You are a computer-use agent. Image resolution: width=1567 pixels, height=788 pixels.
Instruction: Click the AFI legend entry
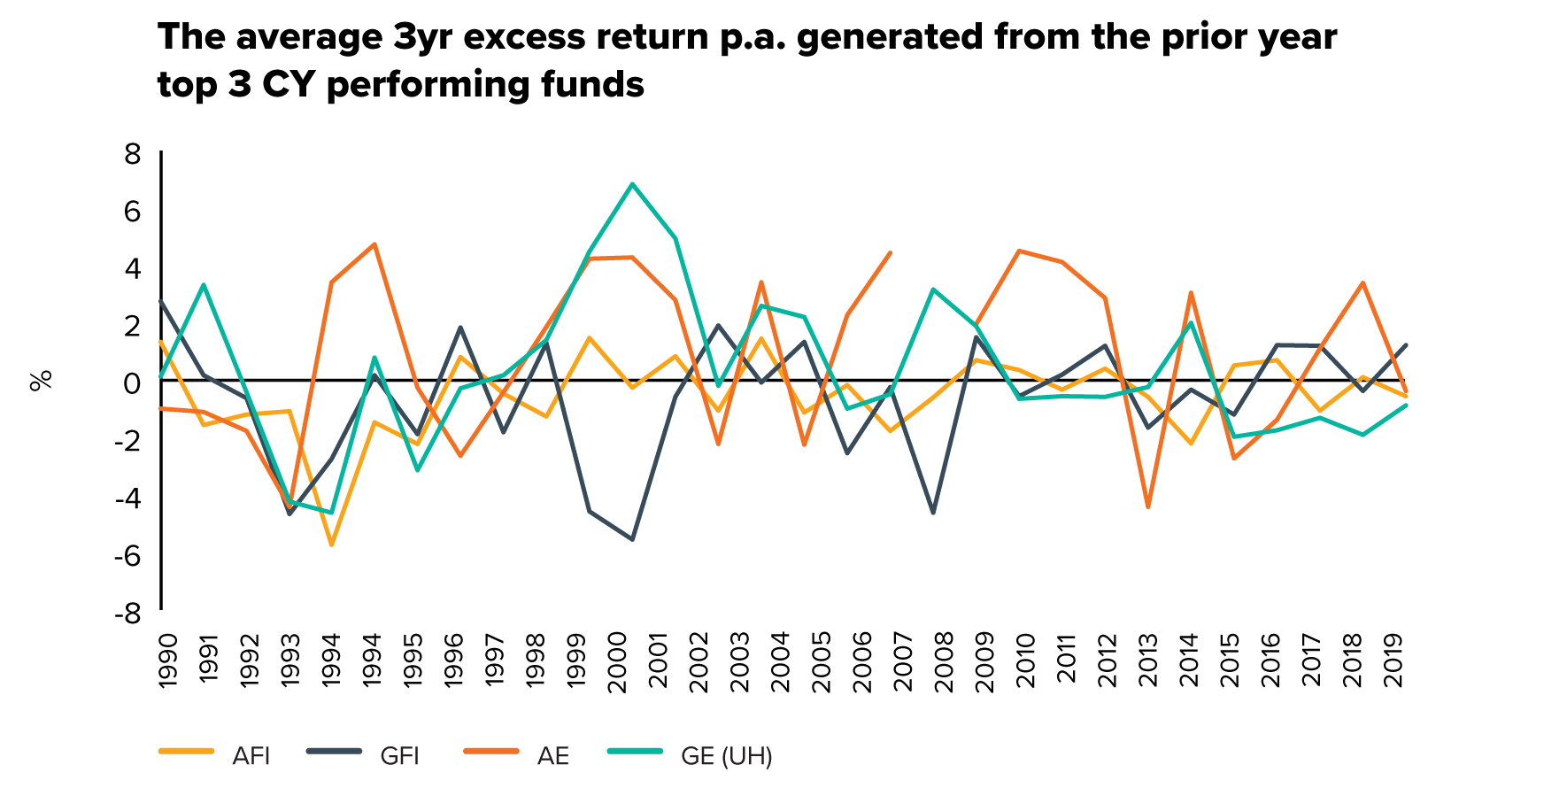(x=214, y=755)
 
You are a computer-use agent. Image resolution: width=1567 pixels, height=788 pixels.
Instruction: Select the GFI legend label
(x=363, y=755)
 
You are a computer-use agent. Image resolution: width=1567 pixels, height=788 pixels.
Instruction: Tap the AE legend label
(x=517, y=755)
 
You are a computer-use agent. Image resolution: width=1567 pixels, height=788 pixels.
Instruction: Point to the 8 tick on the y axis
(x=133, y=154)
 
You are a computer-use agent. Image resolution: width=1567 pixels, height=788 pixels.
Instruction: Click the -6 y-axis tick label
(x=128, y=555)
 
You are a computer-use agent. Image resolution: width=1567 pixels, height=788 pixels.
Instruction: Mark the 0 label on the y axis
(x=133, y=383)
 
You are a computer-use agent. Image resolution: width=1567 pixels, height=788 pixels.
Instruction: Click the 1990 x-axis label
(x=167, y=660)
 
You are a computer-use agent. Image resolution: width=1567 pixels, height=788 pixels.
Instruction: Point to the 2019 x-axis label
(x=1393, y=660)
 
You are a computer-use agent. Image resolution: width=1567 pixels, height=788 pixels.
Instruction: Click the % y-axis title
(x=41, y=381)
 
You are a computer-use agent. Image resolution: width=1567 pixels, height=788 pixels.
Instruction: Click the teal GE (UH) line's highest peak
(x=632, y=183)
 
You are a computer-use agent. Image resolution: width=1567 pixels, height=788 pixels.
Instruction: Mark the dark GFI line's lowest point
(x=632, y=539)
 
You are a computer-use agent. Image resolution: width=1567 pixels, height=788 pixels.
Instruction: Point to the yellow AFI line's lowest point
(x=331, y=545)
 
